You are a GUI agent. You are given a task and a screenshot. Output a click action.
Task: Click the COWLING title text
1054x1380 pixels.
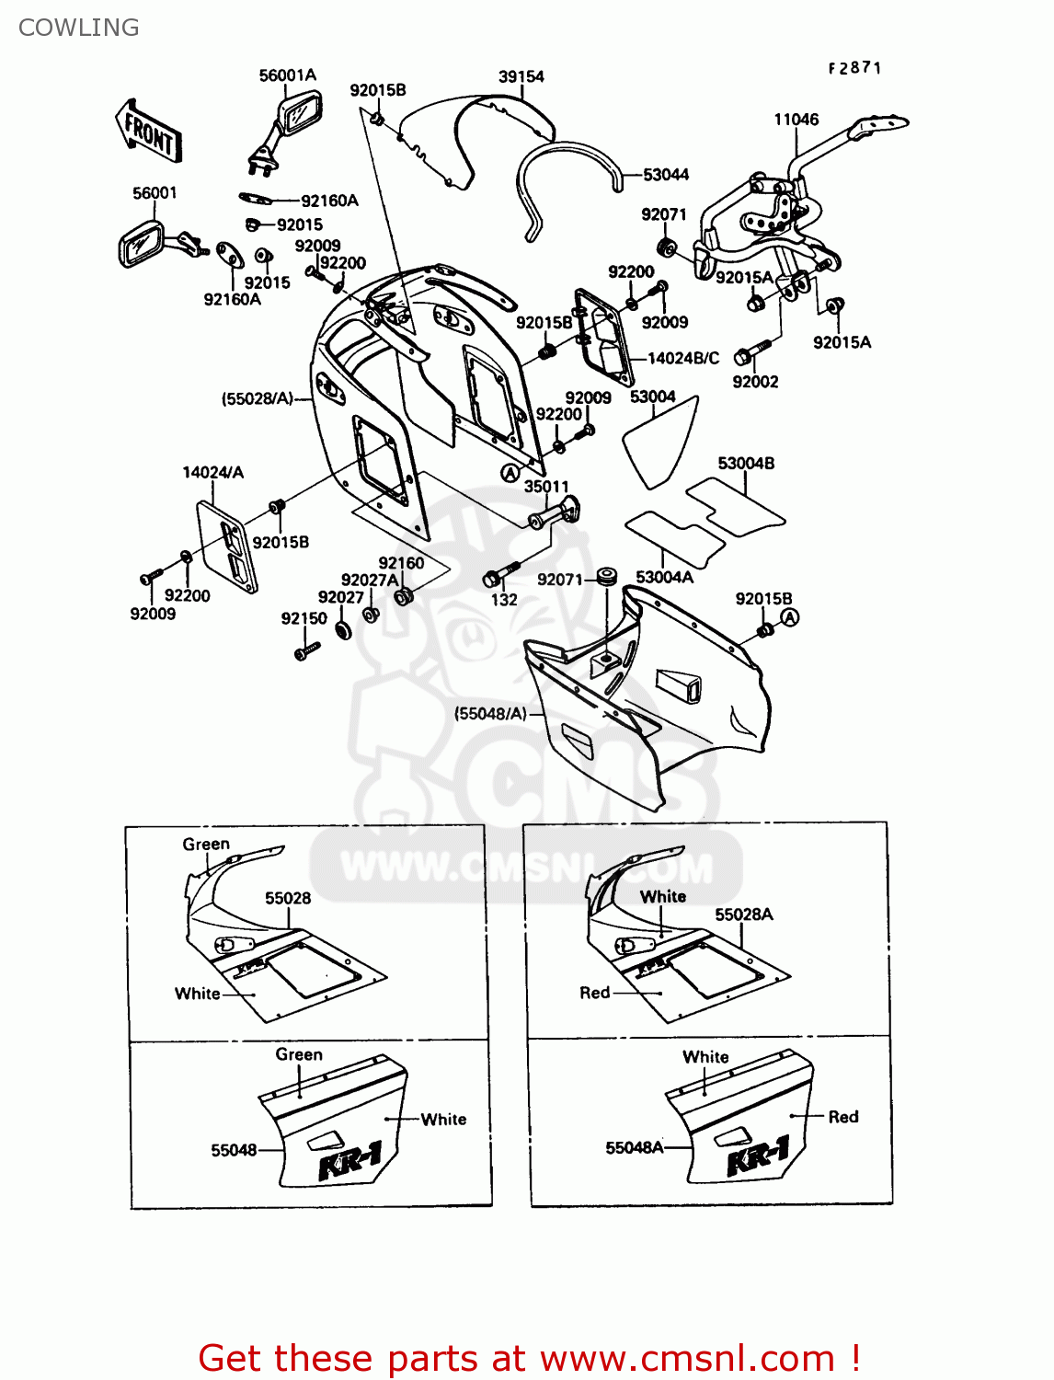click(x=79, y=28)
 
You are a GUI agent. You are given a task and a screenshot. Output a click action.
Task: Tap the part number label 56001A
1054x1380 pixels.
click(x=287, y=75)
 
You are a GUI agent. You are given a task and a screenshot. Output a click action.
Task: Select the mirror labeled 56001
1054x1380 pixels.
click(x=143, y=244)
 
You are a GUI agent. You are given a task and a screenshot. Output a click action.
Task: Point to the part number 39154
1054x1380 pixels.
click(x=521, y=76)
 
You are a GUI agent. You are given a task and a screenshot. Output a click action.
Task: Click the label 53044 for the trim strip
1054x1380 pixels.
click(x=666, y=174)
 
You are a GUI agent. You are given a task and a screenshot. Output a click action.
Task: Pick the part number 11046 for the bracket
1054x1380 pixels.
click(x=796, y=119)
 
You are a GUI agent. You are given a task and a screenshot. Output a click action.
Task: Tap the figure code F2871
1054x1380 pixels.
click(x=854, y=67)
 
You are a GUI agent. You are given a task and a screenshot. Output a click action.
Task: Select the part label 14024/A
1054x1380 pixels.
click(x=212, y=472)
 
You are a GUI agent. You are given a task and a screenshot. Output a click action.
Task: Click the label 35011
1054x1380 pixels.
click(x=546, y=486)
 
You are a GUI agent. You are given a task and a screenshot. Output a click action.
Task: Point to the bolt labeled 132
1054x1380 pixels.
click(x=494, y=579)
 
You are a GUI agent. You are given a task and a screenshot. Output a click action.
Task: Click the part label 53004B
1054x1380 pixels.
click(x=746, y=463)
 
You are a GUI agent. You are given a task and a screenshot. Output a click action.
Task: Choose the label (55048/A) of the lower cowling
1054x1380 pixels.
click(x=490, y=713)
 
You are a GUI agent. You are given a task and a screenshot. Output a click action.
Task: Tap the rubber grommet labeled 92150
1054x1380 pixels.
click(x=343, y=630)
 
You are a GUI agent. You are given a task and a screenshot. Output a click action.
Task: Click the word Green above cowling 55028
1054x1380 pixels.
click(x=206, y=844)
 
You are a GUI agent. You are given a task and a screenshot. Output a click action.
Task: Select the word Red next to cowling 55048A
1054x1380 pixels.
click(x=843, y=1117)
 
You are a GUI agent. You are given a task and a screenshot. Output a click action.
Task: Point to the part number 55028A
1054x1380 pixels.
click(x=744, y=914)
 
